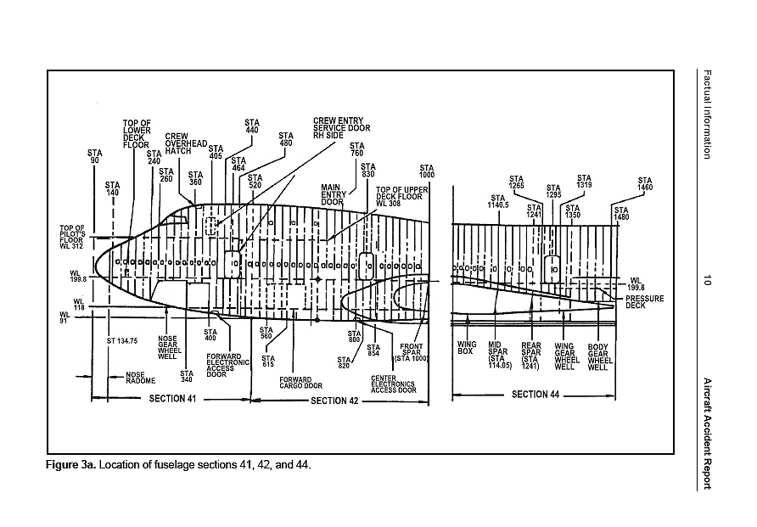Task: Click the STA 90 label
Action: pyautogui.click(x=94, y=157)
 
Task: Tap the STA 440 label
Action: pyautogui.click(x=252, y=126)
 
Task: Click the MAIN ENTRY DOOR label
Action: pyautogui.click(x=331, y=194)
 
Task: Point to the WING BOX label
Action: pyautogui.click(x=465, y=347)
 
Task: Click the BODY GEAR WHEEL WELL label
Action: pyautogui.click(x=599, y=356)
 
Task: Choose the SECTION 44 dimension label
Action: pyautogui.click(x=535, y=395)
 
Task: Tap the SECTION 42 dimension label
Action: pyautogui.click(x=334, y=400)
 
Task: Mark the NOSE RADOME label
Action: pyautogui.click(x=135, y=378)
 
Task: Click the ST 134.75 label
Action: pyautogui.click(x=122, y=340)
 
